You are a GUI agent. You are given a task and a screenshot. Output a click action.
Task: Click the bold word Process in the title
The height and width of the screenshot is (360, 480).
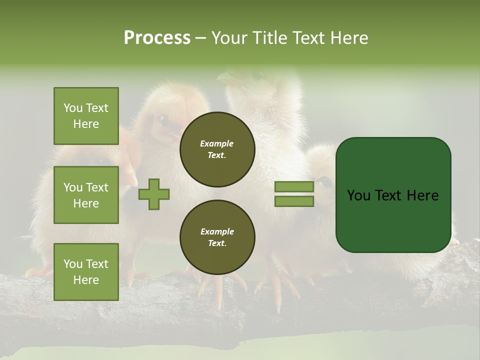click(x=157, y=38)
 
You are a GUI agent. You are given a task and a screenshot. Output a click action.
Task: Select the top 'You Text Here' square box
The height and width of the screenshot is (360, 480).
click(x=86, y=116)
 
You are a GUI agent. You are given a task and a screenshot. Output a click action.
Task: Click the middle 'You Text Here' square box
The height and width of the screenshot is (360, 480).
click(x=86, y=195)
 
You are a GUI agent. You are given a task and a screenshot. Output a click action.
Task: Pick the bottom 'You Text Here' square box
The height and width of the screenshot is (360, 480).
click(x=86, y=271)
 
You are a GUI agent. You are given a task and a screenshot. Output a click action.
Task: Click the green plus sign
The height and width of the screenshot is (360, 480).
click(x=154, y=194)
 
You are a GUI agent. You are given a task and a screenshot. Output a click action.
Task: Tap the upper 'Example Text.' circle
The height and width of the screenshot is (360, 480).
click(x=217, y=149)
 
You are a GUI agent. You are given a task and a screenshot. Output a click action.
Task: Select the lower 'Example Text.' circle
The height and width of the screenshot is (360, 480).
click(x=217, y=237)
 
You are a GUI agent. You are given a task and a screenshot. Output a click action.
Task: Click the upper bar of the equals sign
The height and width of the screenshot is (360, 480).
click(x=294, y=187)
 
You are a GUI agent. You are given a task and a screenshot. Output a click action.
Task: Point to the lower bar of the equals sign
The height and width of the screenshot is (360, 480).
click(x=294, y=201)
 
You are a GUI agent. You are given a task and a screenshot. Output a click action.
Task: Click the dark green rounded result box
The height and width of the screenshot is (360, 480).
click(x=393, y=195)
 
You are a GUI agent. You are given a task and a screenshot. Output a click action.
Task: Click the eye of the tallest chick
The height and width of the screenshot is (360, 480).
click(x=257, y=75)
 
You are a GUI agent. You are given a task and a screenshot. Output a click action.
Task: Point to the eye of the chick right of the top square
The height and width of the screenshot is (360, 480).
click(x=162, y=120)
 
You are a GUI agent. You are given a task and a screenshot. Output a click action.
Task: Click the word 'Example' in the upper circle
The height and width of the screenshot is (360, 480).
click(x=217, y=143)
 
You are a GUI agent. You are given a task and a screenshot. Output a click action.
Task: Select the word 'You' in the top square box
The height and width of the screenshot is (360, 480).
click(x=72, y=108)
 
